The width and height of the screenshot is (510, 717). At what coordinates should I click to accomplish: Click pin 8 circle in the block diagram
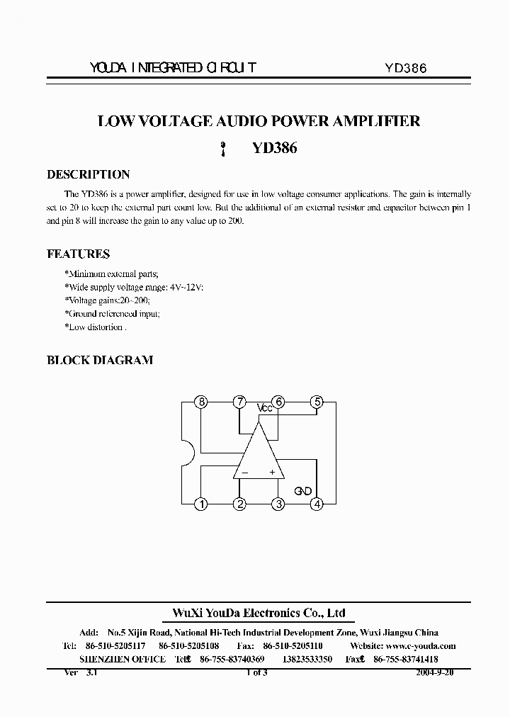pos(202,402)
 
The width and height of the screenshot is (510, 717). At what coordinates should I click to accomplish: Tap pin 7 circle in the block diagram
pos(240,402)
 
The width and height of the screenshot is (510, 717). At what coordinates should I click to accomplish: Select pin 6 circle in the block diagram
pos(279,402)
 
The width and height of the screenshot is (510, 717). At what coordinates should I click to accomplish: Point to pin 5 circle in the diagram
pos(317,402)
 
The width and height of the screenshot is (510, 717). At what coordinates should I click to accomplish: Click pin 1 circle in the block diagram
pos(202,504)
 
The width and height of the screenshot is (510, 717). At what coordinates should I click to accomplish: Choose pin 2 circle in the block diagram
pos(240,504)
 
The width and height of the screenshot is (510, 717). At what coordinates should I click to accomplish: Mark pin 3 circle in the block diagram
pos(279,504)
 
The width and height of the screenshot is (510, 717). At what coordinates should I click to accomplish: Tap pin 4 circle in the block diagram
pos(317,504)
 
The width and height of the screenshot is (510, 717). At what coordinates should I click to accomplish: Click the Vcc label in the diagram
pos(264,408)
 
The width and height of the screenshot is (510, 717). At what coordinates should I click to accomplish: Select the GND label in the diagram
pos(303,490)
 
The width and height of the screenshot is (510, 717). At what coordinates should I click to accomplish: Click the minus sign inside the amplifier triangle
pos(245,472)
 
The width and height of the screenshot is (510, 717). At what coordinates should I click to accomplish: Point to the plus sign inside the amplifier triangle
pos(272,472)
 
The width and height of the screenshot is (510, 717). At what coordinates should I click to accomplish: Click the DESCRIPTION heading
pos(88,174)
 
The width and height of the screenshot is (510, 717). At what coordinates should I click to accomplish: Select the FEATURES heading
pos(78,254)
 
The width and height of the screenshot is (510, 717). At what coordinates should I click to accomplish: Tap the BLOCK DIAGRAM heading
pos(99,360)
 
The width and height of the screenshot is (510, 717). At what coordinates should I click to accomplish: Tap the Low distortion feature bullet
pos(95,327)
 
